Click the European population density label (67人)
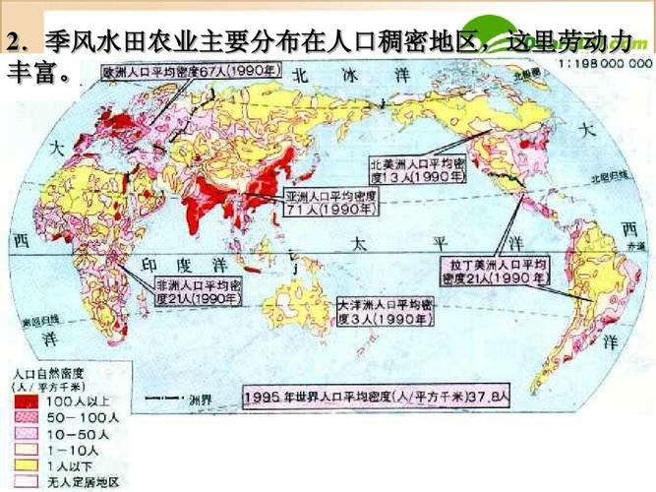[178, 71]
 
